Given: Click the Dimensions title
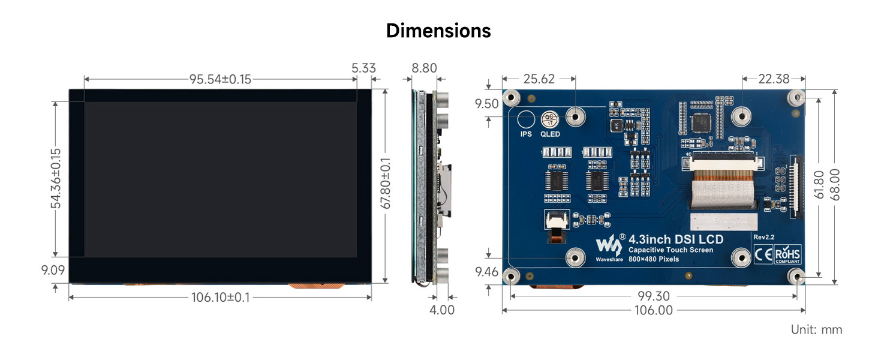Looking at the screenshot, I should [x=438, y=31].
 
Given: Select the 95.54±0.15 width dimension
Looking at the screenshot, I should [x=220, y=79].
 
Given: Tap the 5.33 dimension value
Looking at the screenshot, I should [x=364, y=68].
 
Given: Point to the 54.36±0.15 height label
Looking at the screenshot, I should [x=56, y=178].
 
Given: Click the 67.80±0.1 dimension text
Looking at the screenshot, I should [x=386, y=184].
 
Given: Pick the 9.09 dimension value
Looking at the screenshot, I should [x=53, y=270].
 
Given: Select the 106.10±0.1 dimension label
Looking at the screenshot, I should [x=220, y=297].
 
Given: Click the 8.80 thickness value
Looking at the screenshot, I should [x=424, y=68].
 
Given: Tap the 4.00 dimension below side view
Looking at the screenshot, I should [x=443, y=310].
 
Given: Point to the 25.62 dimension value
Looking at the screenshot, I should [x=539, y=79].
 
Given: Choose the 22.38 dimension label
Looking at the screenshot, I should [x=774, y=79].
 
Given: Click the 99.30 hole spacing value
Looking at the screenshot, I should [x=654, y=296].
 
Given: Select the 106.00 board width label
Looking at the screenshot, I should [x=653, y=310].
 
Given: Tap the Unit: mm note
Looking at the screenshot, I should [x=816, y=329].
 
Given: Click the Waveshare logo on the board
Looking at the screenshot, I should [x=606, y=245].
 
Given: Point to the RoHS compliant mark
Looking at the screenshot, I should [x=787, y=254].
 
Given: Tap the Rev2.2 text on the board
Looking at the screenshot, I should [x=763, y=238].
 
